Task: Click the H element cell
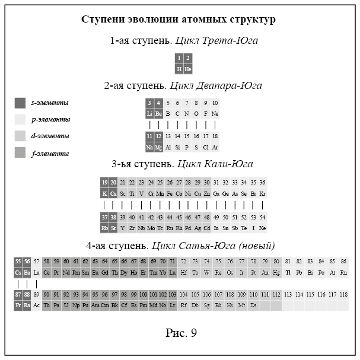click(179, 69)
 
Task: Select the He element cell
click(188, 69)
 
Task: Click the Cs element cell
click(18, 273)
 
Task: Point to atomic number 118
click(343, 295)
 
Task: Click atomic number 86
click(343, 262)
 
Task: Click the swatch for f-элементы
click(20, 153)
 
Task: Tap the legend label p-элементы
click(50, 120)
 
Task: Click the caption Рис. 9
click(180, 333)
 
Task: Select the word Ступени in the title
click(101, 20)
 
